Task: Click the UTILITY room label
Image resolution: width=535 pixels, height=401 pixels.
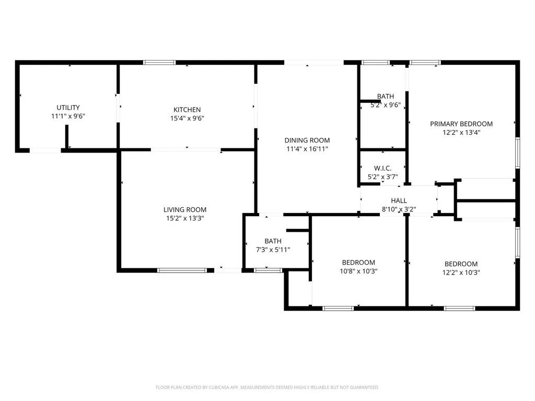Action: click(x=68, y=108)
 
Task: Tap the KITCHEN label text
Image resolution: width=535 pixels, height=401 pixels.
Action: click(x=187, y=110)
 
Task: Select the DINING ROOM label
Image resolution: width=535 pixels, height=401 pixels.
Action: click(x=307, y=140)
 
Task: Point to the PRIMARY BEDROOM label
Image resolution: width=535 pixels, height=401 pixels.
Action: click(x=461, y=124)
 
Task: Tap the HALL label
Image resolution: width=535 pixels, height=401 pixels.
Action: click(x=399, y=200)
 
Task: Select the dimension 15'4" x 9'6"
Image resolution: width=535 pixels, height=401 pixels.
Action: click(x=187, y=118)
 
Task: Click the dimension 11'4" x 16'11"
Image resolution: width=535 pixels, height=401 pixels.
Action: click(x=307, y=149)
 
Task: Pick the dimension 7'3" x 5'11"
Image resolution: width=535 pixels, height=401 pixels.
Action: click(x=273, y=250)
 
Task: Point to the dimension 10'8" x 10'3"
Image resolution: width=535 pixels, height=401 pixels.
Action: click(x=358, y=271)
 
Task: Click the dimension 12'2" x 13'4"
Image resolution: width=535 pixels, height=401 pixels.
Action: click(x=461, y=133)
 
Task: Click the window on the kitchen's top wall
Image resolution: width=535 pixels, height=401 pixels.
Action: click(x=159, y=63)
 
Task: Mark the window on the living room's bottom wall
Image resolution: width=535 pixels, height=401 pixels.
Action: click(x=182, y=270)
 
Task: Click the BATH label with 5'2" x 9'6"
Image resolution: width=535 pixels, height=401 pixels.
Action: click(x=386, y=96)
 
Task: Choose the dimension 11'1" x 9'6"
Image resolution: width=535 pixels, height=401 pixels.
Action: click(x=68, y=116)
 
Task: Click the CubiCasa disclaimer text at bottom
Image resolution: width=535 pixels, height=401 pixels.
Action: click(x=267, y=387)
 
